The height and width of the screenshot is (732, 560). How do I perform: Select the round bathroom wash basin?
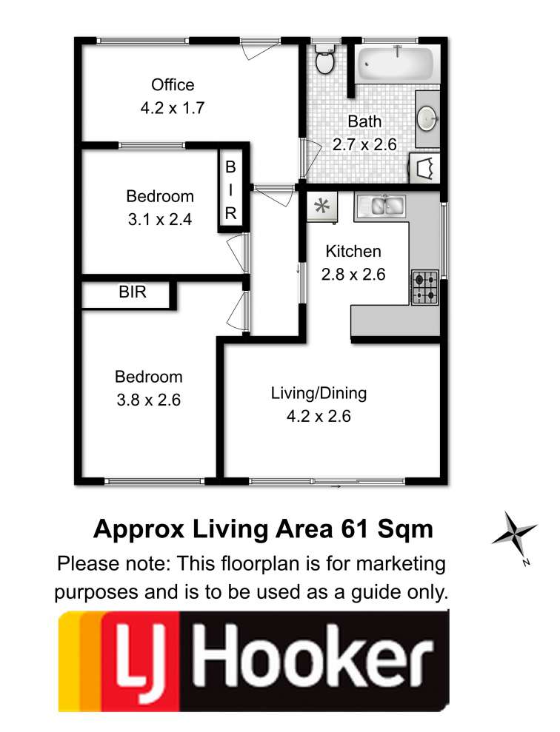click(x=427, y=118)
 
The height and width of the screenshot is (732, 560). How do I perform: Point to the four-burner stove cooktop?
click(x=424, y=287)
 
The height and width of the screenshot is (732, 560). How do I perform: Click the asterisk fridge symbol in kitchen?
click(x=321, y=206)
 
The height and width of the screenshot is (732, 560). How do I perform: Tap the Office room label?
click(x=173, y=84)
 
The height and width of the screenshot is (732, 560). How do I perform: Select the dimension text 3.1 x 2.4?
click(x=160, y=219)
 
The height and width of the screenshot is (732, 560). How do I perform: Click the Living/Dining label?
click(x=319, y=393)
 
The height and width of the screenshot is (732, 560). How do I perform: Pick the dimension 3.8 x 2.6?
click(x=149, y=400)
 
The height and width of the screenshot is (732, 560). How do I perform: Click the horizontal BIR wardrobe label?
click(x=132, y=292)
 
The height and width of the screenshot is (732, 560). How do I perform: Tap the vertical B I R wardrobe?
click(x=230, y=189)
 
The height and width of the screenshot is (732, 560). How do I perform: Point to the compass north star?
click(x=514, y=532)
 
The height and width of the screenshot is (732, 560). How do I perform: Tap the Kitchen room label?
click(x=353, y=251)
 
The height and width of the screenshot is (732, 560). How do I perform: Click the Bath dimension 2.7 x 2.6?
click(x=364, y=144)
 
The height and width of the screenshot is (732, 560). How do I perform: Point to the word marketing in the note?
click(x=401, y=564)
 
